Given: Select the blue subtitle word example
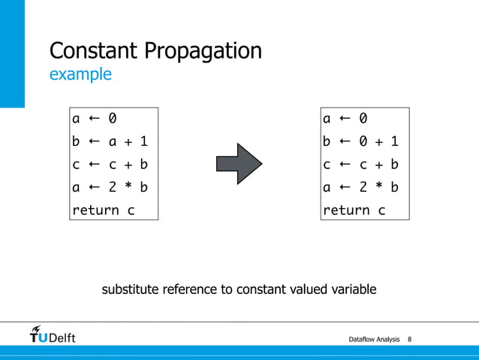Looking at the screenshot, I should click(x=80, y=74).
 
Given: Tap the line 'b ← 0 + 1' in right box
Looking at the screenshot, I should click(x=360, y=141).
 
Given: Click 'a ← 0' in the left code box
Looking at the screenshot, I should click(x=94, y=118).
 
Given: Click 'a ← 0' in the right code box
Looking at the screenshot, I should click(x=345, y=118).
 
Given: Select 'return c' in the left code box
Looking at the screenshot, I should click(x=103, y=210).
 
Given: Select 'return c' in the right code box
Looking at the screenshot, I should click(x=354, y=210).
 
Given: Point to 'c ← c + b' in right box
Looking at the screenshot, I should click(x=360, y=165).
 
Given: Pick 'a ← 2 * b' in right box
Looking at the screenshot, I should click(x=360, y=187).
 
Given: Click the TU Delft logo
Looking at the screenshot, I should click(x=53, y=334).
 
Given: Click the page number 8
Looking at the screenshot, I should click(x=409, y=340).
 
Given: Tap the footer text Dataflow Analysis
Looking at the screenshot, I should click(x=374, y=340).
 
